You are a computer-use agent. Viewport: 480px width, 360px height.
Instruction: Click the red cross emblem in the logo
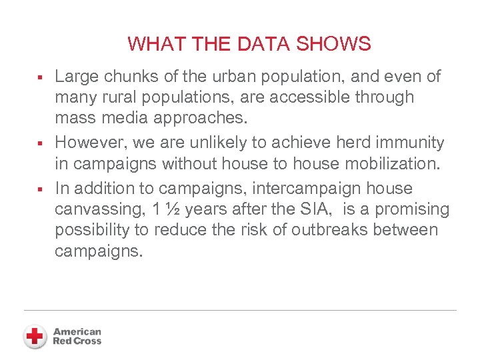[x=35, y=336]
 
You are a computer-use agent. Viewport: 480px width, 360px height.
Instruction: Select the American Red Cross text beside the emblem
[x=77, y=336]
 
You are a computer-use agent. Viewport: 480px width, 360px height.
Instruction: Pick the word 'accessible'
[x=313, y=97]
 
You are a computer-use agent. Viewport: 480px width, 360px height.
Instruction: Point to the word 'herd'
[x=344, y=143]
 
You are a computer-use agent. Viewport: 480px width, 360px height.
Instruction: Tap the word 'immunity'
[x=407, y=143]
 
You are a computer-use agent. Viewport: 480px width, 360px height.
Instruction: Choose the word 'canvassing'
[x=99, y=209]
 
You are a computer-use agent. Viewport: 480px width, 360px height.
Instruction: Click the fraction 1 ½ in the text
[x=165, y=209]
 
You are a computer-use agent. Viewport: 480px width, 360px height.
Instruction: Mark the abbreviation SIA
[x=315, y=209]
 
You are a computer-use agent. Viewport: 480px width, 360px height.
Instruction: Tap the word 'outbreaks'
[x=326, y=230]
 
